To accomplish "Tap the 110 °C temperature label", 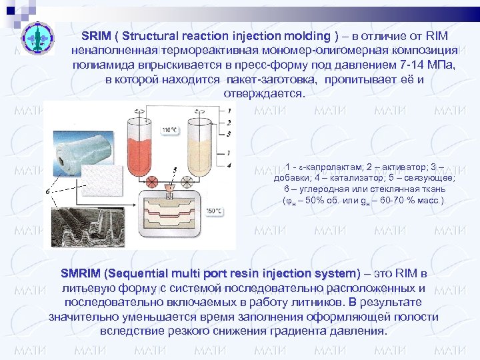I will coord(171,129).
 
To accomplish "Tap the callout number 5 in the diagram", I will coord(175,171).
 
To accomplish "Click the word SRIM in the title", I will coord(96,35).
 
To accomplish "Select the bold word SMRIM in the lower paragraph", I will coord(79,274).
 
